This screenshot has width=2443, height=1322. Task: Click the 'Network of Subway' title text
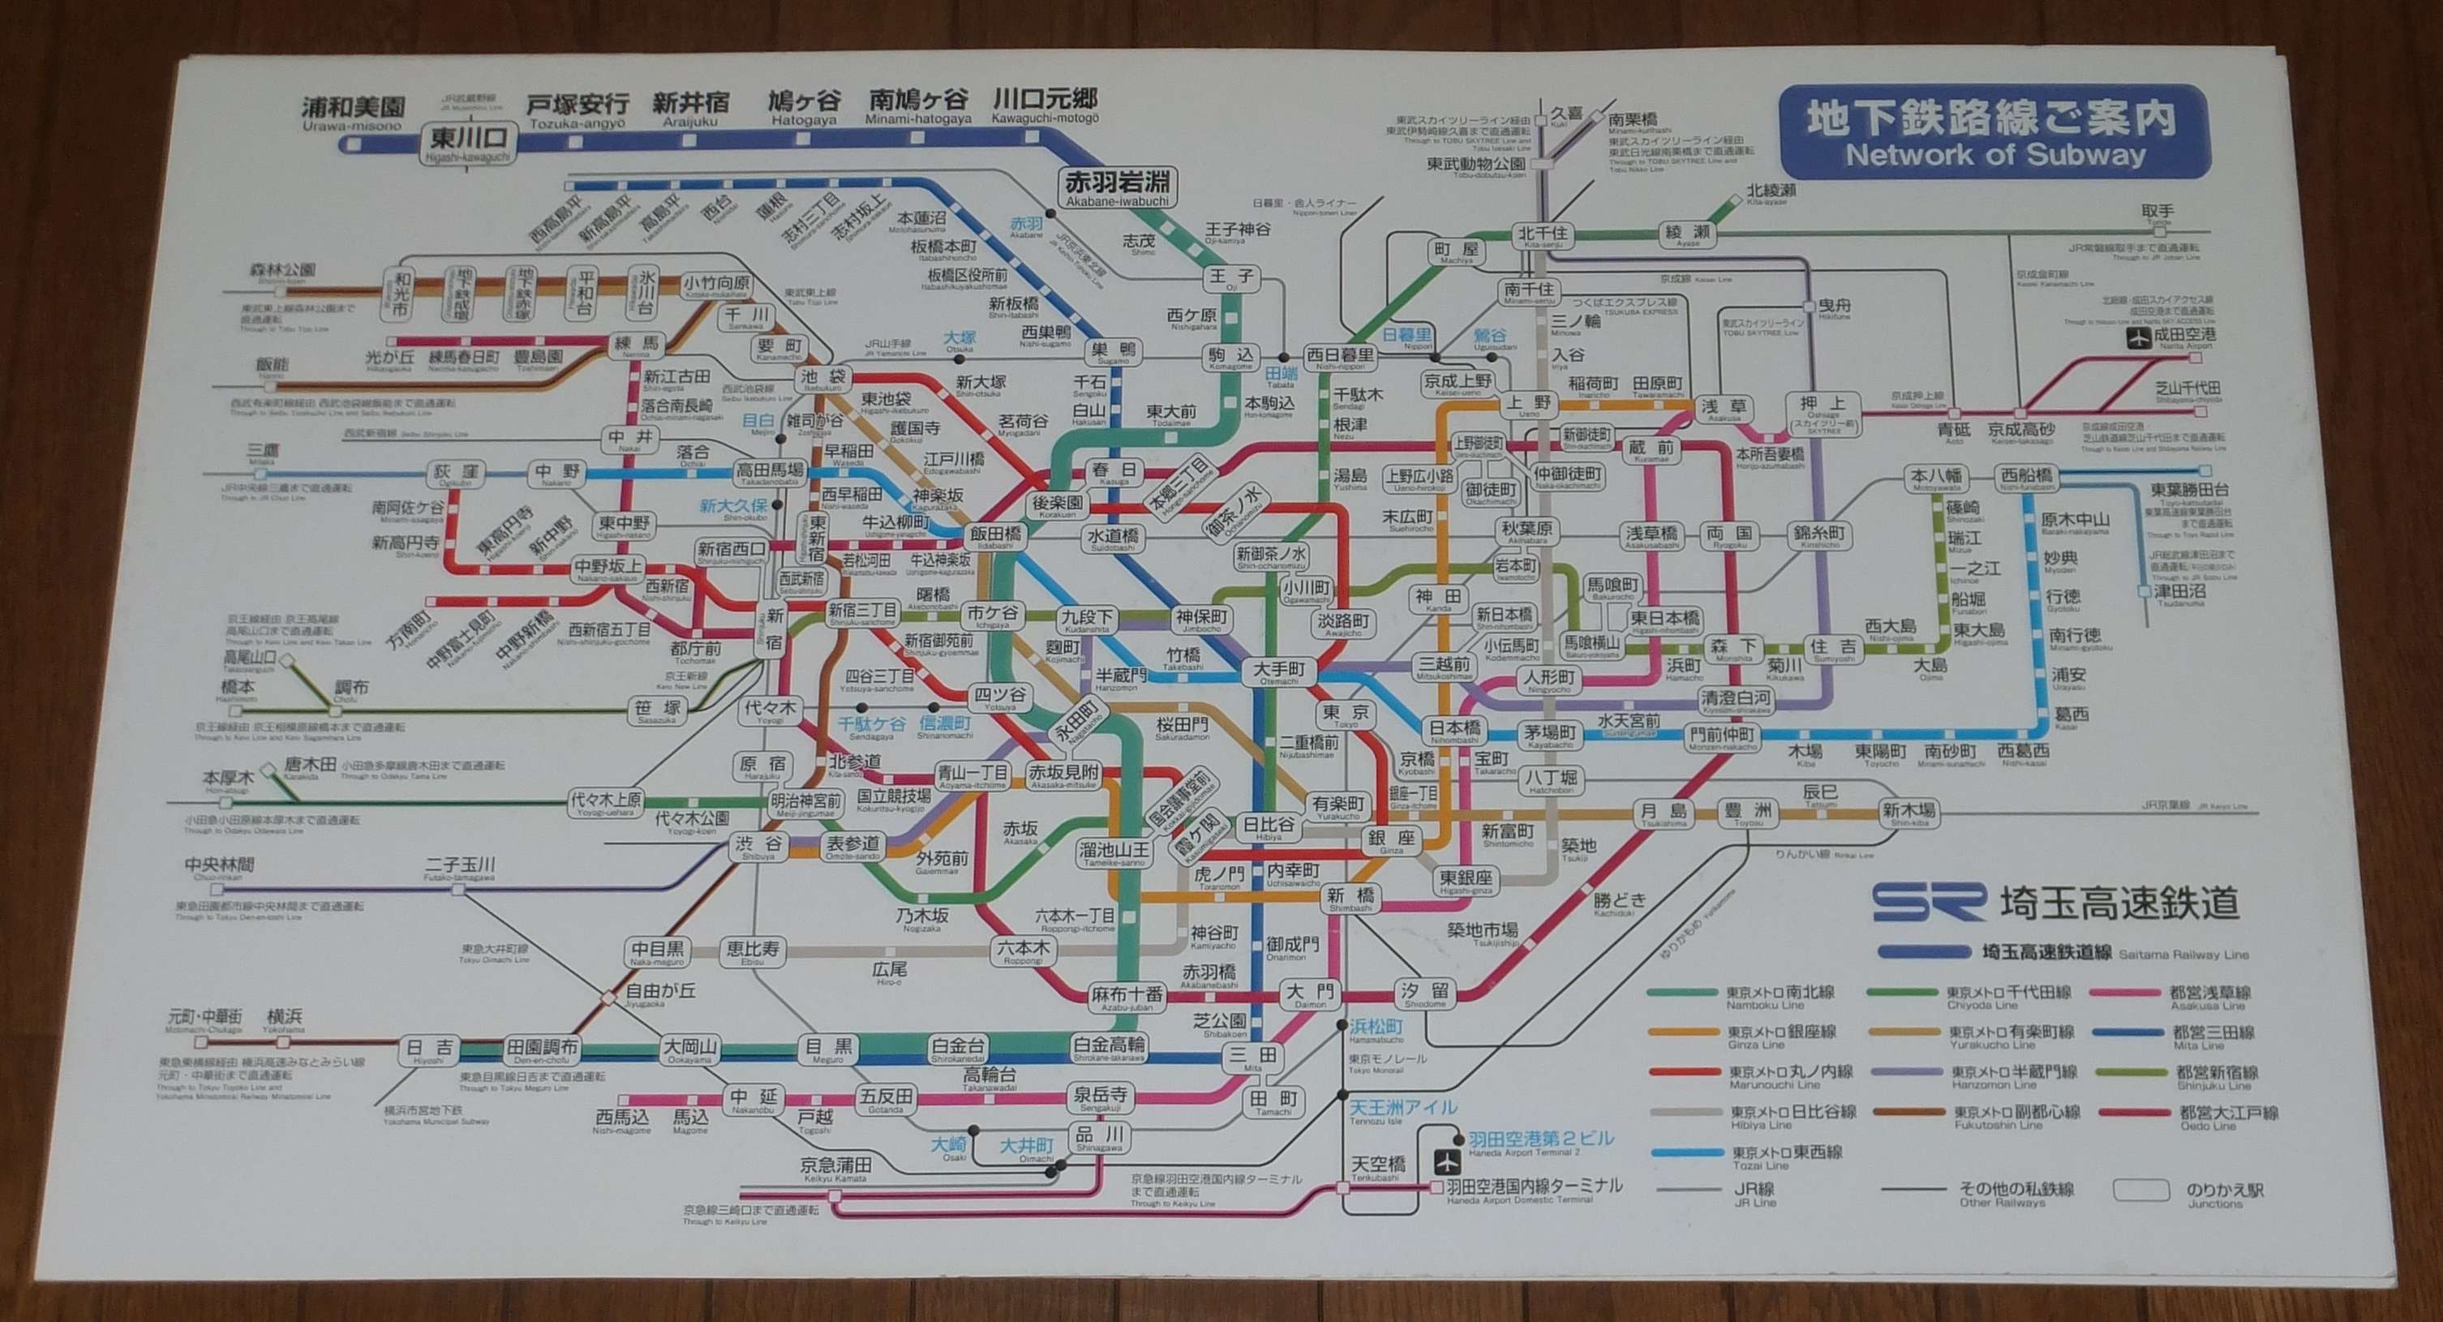tap(1994, 155)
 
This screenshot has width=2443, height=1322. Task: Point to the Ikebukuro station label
tap(822, 380)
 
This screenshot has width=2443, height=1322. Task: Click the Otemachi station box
tap(1278, 672)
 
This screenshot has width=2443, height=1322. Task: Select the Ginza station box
tap(1391, 840)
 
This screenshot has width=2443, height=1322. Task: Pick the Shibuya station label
tap(758, 846)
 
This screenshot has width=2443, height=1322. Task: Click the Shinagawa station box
tap(1098, 1137)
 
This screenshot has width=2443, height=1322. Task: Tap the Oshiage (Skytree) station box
tap(1822, 414)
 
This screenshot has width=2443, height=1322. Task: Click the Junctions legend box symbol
tap(2141, 1190)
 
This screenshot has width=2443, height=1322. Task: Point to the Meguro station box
tap(829, 1049)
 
